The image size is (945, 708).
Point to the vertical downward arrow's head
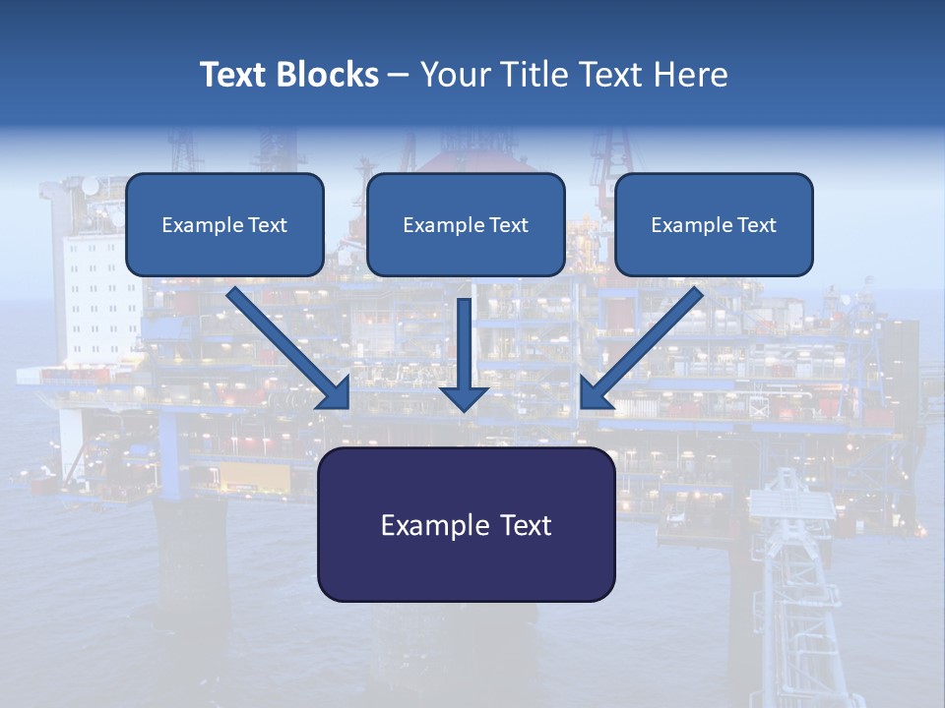(x=464, y=397)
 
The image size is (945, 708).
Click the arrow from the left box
(x=290, y=349)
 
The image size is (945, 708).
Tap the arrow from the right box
(x=641, y=349)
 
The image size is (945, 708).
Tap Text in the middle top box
(x=508, y=225)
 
